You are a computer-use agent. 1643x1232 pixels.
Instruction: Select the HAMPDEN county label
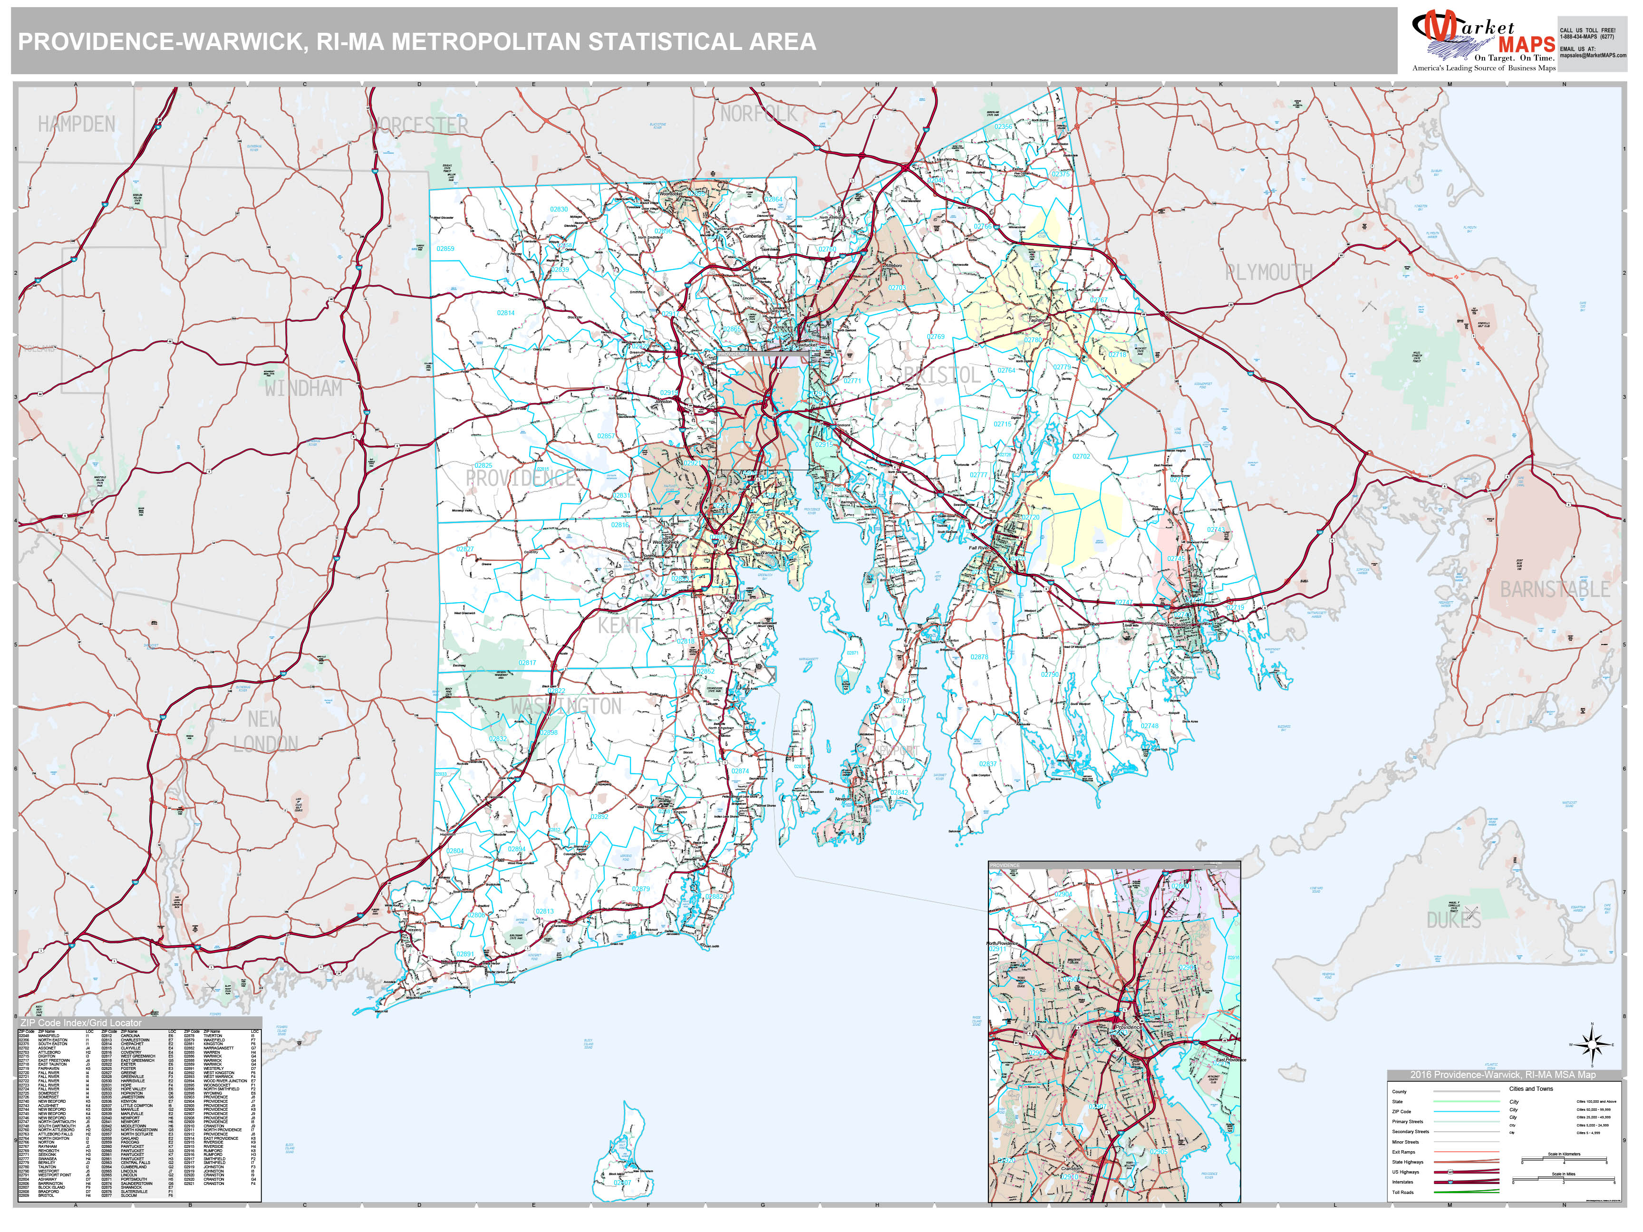point(77,124)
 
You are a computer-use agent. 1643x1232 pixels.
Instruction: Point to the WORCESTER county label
point(420,125)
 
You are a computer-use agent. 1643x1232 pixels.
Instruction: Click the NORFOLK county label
point(758,114)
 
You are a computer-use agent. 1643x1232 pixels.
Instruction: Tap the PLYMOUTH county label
point(1269,272)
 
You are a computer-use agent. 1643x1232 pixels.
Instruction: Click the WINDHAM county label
point(303,388)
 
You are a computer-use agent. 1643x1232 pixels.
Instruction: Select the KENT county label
point(618,626)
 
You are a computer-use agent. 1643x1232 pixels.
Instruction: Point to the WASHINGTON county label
point(566,706)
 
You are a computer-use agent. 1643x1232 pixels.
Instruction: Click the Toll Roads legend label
point(1402,1192)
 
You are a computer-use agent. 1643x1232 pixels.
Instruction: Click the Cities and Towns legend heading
point(1531,1088)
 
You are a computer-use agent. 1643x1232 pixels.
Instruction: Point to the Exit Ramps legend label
point(1403,1152)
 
